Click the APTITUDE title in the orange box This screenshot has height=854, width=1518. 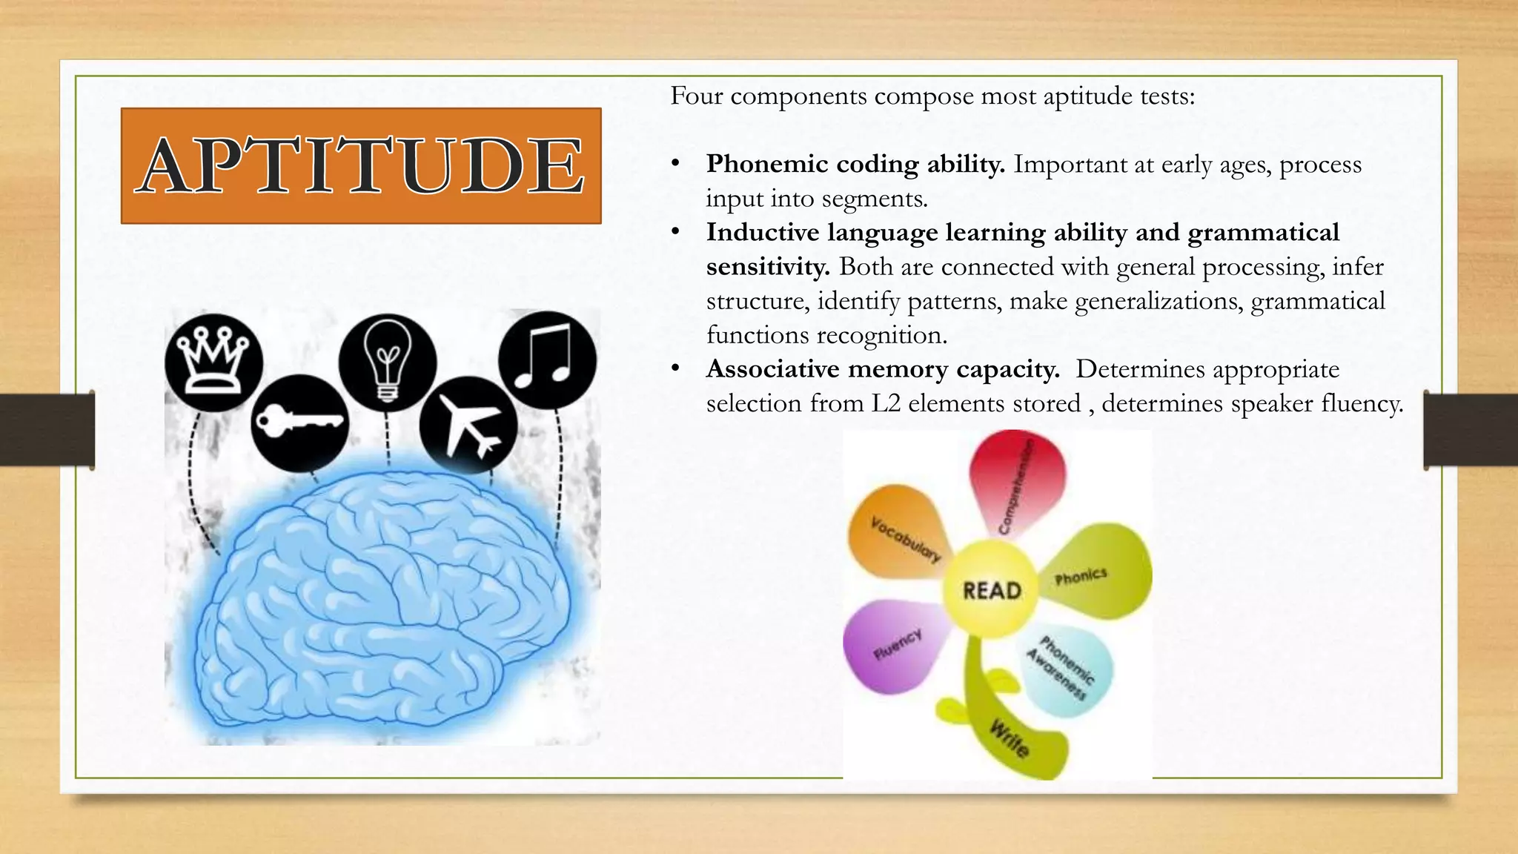click(x=361, y=165)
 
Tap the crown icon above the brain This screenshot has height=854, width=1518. click(x=213, y=363)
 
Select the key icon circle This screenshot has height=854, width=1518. click(x=299, y=423)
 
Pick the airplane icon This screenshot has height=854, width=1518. click(x=468, y=426)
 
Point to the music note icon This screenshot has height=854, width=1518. click(x=547, y=360)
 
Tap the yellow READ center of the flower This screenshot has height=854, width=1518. click(x=992, y=590)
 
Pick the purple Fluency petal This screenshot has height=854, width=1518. click(x=895, y=643)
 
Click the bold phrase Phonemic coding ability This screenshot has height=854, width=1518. click(x=855, y=164)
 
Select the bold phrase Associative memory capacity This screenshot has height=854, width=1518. click(x=882, y=369)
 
